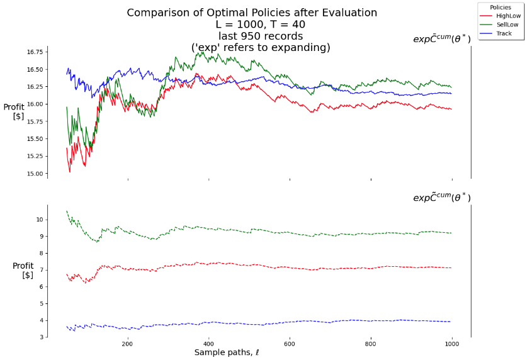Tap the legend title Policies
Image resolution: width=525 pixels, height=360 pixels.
pos(500,7)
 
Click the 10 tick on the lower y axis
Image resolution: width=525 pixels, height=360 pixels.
pos(39,220)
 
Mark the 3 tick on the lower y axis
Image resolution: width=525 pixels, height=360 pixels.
pos(41,337)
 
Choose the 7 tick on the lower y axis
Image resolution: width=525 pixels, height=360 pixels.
pos(41,270)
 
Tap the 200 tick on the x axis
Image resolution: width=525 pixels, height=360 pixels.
pos(127,344)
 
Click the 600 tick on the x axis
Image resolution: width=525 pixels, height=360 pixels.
pos(289,344)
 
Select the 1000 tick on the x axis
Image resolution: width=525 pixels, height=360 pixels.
pos(451,344)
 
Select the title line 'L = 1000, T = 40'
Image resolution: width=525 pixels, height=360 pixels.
pos(252,24)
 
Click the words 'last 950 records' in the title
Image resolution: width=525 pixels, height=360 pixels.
pos(252,36)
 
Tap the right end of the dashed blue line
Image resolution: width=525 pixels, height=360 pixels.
pos(451,322)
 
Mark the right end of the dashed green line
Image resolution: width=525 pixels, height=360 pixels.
pos(451,233)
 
